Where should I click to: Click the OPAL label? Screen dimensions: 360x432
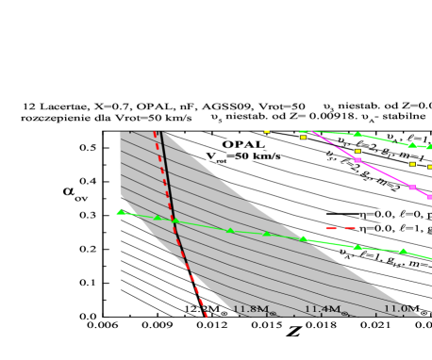point(243,144)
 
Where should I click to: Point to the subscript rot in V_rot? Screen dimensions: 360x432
point(221,160)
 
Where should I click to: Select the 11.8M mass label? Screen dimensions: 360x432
point(254,309)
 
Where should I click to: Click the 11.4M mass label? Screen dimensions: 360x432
point(323,309)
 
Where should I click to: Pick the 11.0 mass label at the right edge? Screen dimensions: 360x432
point(400,308)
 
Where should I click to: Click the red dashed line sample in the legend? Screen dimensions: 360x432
point(339,228)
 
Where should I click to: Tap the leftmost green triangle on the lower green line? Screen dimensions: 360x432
point(121,212)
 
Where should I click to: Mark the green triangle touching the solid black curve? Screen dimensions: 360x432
point(174,220)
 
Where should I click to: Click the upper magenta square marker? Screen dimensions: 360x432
point(357,160)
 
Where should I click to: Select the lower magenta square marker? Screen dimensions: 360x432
point(412,188)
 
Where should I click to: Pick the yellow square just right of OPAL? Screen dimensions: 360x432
point(267,131)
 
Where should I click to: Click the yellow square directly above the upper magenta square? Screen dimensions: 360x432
point(357,151)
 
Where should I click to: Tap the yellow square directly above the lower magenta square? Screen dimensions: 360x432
point(412,164)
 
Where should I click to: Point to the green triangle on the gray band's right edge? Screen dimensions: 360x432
point(304,238)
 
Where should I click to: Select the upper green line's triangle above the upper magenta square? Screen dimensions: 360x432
point(357,135)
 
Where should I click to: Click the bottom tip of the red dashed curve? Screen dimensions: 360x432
point(206,316)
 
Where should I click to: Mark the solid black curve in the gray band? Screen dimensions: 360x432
point(171,198)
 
